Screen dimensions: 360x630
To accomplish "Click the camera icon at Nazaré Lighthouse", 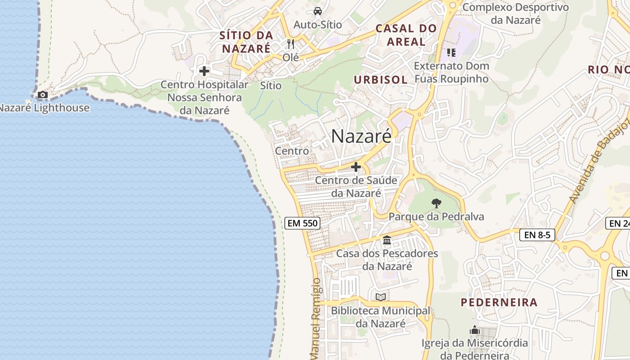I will point(43,94).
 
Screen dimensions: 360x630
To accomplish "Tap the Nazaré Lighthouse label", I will point(44,108).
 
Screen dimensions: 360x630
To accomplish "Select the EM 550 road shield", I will point(302,223).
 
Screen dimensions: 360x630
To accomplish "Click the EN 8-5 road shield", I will point(537,234).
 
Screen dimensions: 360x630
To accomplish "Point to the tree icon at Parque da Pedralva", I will point(436,203).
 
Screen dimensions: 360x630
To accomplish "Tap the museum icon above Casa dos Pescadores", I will point(387,240).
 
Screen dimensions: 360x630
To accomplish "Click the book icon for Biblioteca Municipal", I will point(381,297).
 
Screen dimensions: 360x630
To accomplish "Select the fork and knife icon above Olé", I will point(291,44).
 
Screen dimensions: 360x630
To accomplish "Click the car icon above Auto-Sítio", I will point(317,11).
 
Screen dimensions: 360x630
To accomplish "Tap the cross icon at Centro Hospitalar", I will point(204,71).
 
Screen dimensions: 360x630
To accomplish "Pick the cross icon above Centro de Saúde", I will point(356,167).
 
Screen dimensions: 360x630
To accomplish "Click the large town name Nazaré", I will point(361,136).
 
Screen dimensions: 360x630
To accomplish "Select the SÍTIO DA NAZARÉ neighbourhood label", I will point(247,42).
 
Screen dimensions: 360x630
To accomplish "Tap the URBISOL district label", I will point(380,80).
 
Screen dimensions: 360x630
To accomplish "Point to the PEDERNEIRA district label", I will point(499,302).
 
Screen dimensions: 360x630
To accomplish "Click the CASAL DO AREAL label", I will point(406,35).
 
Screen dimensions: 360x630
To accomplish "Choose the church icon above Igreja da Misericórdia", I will point(475,331).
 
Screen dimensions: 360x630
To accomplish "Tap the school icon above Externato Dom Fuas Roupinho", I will point(451,53).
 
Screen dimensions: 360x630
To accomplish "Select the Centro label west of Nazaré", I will point(292,151).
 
